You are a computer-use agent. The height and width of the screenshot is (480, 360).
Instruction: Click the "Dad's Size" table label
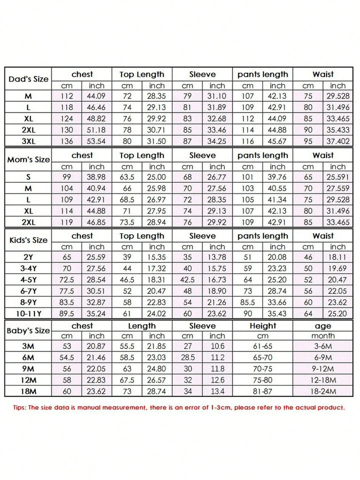pos(28,79)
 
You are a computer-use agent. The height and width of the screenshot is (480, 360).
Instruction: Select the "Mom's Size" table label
pos(28,160)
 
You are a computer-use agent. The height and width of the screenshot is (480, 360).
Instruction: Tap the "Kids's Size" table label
pos(28,240)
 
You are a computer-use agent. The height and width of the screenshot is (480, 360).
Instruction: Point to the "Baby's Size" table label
pos(28,330)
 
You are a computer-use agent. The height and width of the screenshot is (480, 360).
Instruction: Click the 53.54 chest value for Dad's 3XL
pos(96,140)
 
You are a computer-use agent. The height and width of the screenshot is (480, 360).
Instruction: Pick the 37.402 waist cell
pos(337,140)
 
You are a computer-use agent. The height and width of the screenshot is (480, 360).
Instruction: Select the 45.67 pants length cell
pos(277,140)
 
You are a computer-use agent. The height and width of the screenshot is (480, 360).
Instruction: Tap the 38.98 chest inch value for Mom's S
pos(96,177)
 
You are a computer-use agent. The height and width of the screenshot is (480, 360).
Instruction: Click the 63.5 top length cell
pos(127,177)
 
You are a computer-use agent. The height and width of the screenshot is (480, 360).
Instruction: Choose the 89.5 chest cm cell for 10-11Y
pos(66,313)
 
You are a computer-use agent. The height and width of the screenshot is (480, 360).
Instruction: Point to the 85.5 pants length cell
pos(247,302)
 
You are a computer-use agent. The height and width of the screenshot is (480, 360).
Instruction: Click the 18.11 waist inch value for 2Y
pos(337,257)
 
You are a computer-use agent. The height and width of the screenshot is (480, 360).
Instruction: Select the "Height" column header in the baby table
pos(262,326)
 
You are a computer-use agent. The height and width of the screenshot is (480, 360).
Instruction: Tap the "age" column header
pos(323,326)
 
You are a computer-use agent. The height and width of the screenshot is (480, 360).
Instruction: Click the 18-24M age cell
pos(323,391)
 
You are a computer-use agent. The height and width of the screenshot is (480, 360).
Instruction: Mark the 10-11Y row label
pos(28,313)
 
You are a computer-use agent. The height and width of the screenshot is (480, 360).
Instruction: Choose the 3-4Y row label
pos(28,269)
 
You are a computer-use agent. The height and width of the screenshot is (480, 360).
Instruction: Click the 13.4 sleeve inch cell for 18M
pos(217,391)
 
